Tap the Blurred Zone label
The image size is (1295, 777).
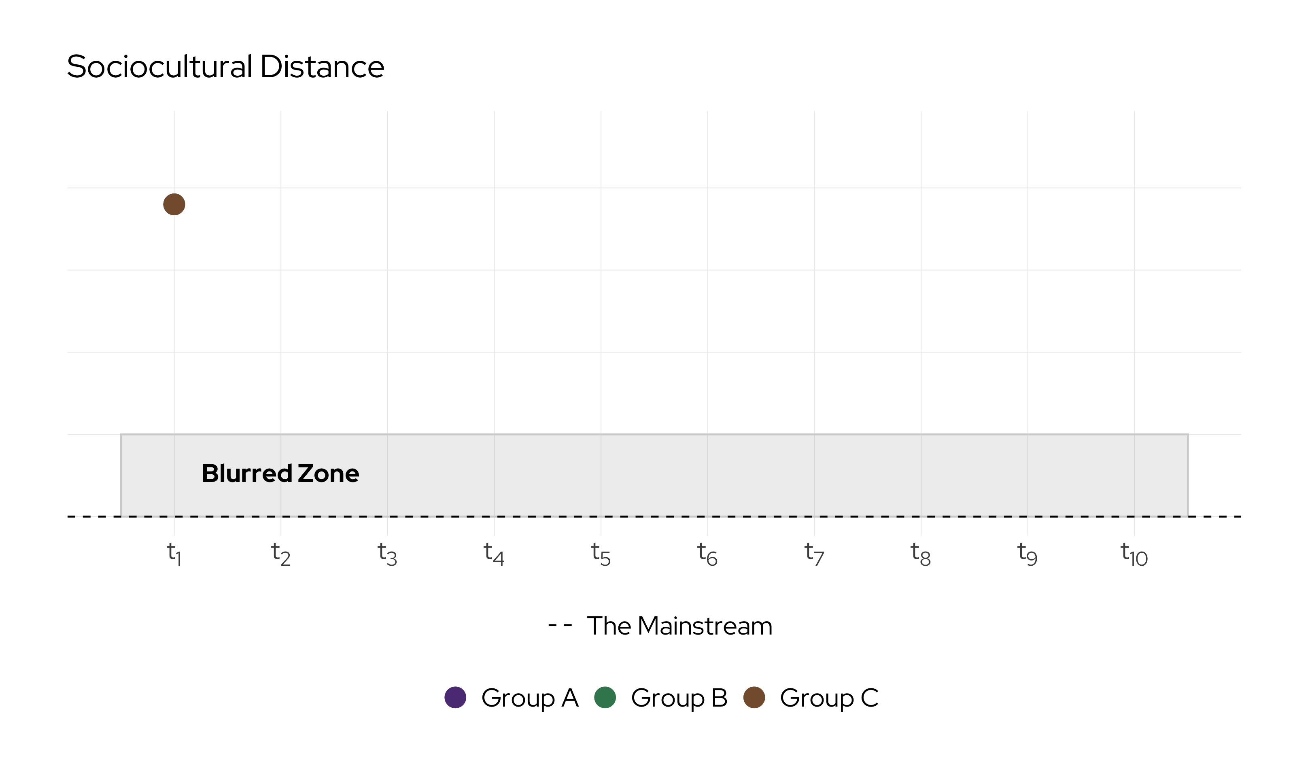[x=280, y=473]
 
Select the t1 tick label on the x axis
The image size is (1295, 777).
[x=174, y=554]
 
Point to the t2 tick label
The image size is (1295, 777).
[x=280, y=554]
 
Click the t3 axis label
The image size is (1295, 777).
[x=387, y=554]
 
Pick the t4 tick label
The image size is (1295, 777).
[x=494, y=554]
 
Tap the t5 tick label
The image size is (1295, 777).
[x=601, y=554]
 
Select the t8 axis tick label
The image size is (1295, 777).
[x=921, y=554]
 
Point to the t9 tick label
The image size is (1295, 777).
[x=1028, y=554]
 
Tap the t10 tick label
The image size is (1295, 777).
[x=1134, y=554]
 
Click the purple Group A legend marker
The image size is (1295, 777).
[x=455, y=697]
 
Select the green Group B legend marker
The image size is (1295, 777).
[x=605, y=697]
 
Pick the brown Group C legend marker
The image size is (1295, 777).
[x=754, y=697]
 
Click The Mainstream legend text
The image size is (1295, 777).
[x=679, y=626]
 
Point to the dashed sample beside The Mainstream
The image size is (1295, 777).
[x=560, y=625]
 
